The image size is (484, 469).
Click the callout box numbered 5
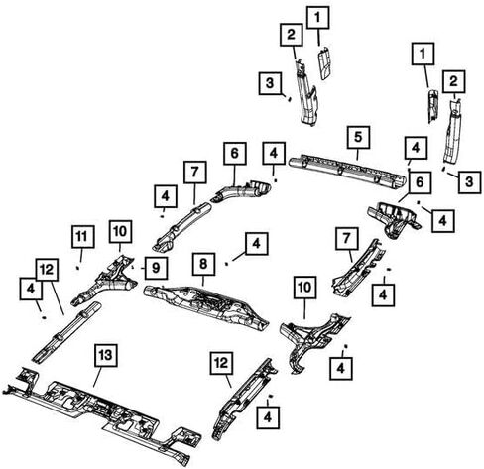pyautogui.click(x=358, y=137)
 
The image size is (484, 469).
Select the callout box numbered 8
pyautogui.click(x=203, y=264)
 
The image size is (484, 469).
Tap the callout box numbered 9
pyautogui.click(x=156, y=268)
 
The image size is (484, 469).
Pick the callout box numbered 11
pyautogui.click(x=82, y=237)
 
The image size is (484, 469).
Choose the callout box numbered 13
pyautogui.click(x=106, y=355)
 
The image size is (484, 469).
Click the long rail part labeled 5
pyautogui.click(x=347, y=172)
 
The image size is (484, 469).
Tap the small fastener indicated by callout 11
pyautogui.click(x=78, y=268)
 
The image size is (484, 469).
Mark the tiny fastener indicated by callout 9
pyautogui.click(x=132, y=267)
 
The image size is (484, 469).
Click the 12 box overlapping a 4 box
pyautogui.click(x=48, y=270)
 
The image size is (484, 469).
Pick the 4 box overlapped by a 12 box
pyautogui.click(x=31, y=289)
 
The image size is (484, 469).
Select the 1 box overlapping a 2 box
pyautogui.click(x=317, y=18)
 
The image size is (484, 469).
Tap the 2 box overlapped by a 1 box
pyautogui.click(x=292, y=35)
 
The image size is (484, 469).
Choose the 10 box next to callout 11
pyautogui.click(x=120, y=232)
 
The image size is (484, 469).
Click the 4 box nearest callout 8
pyautogui.click(x=256, y=244)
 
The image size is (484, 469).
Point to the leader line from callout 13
pyautogui.click(x=97, y=377)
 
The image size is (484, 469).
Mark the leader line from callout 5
pyautogui.click(x=357, y=154)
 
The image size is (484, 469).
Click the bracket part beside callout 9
pyautogui.click(x=104, y=281)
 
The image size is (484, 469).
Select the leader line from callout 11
pyautogui.click(x=80, y=256)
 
